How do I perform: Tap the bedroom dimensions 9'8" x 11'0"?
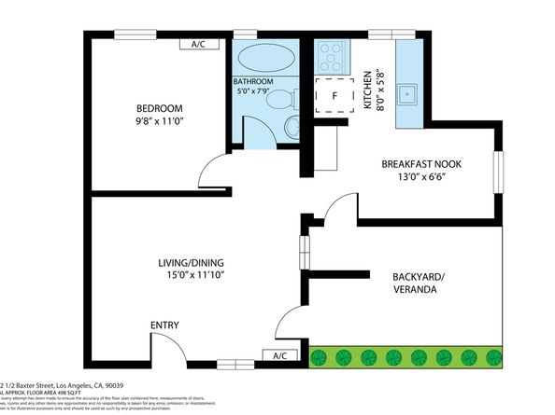click(162, 121)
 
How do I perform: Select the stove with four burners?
click(333, 58)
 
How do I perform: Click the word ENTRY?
click(165, 325)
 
